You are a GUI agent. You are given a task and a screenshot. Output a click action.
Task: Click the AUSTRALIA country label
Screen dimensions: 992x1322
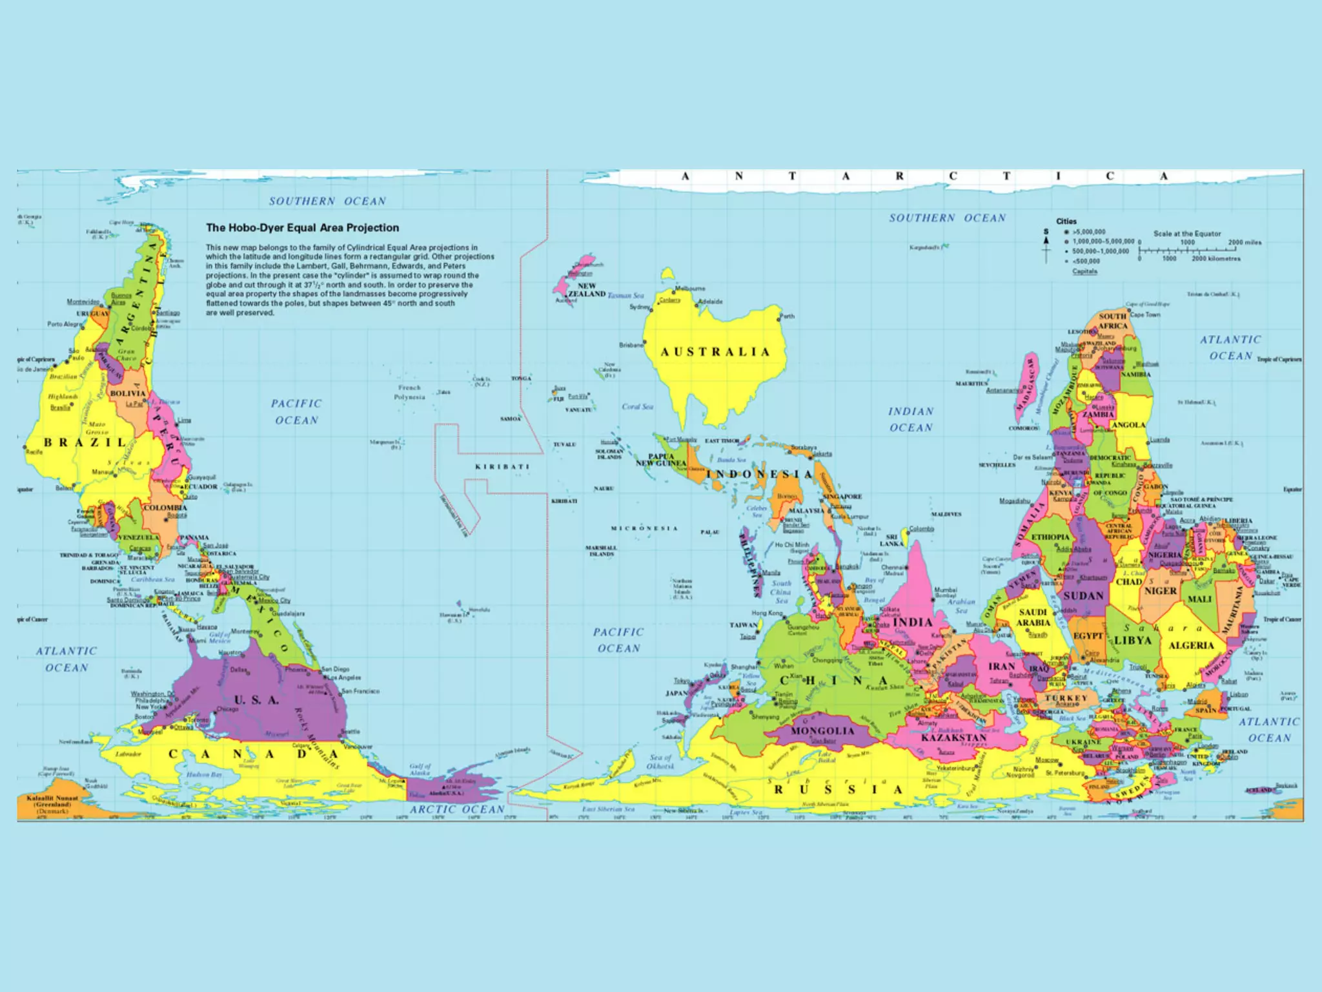tap(715, 352)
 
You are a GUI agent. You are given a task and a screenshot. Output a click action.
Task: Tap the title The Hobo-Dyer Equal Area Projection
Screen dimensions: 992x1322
tap(302, 227)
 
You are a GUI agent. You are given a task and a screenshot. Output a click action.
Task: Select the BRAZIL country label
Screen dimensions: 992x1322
tap(85, 442)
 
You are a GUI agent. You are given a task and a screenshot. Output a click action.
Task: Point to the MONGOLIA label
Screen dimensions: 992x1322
tap(822, 731)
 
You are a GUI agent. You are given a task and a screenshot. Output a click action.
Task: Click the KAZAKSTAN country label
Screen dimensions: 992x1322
tap(953, 738)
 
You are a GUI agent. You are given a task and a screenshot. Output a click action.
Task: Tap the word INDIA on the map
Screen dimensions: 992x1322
tap(912, 622)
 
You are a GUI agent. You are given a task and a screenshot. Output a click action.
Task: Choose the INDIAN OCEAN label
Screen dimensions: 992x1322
tap(911, 419)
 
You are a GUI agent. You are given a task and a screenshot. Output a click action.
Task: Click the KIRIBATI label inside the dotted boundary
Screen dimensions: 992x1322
tap(502, 466)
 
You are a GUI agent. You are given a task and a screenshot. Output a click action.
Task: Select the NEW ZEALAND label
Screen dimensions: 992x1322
tap(586, 289)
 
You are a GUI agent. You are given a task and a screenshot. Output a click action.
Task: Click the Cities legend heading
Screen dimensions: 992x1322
tap(1066, 221)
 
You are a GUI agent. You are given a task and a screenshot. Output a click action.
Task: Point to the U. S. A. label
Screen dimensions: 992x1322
tap(256, 700)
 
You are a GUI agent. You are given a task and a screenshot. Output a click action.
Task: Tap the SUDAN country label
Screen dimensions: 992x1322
tap(1083, 595)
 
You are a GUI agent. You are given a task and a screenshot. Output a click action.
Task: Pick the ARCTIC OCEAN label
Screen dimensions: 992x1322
tap(457, 809)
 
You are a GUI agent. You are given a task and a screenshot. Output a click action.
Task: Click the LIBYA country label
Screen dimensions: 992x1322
tap(1133, 640)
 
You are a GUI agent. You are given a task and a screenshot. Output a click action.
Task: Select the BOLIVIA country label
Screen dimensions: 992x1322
tap(128, 393)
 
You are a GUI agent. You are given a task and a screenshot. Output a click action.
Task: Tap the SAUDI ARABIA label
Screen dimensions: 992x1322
tap(1033, 617)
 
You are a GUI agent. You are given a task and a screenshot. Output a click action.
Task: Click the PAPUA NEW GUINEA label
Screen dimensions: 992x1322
tap(660, 459)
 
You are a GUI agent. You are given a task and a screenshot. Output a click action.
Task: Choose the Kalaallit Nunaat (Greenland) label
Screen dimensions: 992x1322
tap(52, 804)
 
